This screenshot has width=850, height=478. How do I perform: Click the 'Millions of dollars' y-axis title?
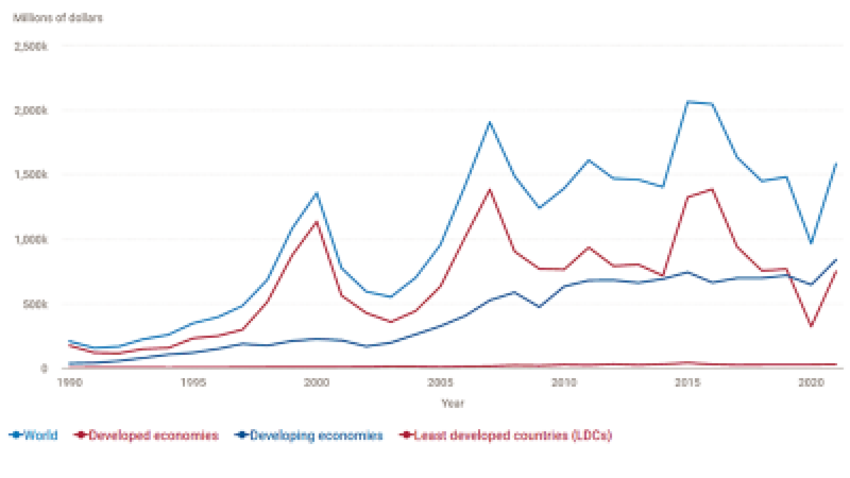click(57, 18)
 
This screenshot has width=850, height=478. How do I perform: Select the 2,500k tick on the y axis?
click(30, 46)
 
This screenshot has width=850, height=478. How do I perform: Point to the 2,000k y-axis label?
click(30, 110)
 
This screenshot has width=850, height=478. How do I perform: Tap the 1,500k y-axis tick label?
click(30, 175)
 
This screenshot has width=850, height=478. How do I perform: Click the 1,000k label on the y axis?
click(30, 239)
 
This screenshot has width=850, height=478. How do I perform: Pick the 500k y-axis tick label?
click(34, 305)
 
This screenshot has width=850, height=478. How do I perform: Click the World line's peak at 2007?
click(489, 123)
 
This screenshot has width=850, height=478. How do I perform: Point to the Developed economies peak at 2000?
click(316, 222)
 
